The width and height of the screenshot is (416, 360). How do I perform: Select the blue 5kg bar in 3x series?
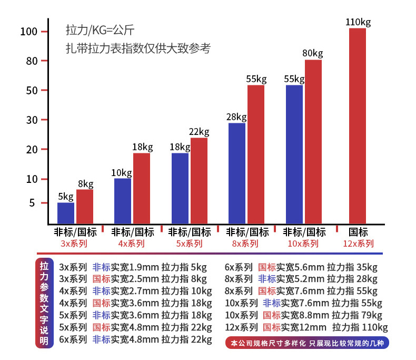(66, 212)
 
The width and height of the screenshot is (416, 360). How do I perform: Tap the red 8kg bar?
(85, 206)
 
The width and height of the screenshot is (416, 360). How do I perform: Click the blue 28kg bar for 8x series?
(236, 172)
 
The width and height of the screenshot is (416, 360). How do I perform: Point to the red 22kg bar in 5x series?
(199, 180)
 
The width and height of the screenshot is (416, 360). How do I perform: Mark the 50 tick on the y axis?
(32, 90)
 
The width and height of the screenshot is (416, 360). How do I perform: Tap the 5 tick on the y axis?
(33, 203)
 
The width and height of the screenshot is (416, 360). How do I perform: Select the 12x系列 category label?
(358, 244)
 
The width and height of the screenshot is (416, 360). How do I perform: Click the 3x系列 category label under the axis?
(74, 244)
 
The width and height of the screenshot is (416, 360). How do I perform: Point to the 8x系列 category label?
(245, 244)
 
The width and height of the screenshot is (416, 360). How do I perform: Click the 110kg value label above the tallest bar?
(358, 22)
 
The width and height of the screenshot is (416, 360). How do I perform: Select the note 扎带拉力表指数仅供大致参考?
(138, 49)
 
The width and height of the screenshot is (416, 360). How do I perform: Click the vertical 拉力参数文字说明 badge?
(44, 303)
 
